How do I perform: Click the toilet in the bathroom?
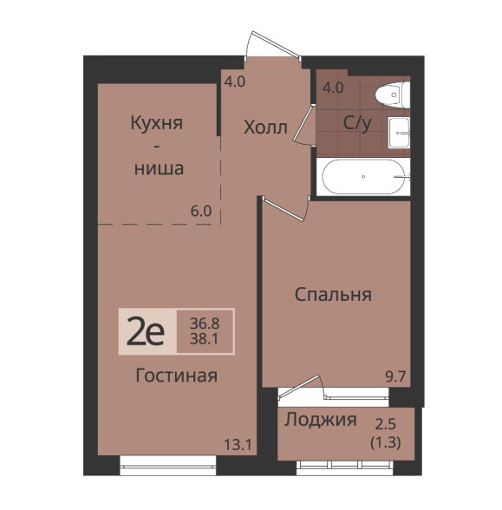pyautogui.click(x=393, y=95)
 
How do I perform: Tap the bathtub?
pyautogui.click(x=363, y=177)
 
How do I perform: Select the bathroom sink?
pyautogui.click(x=399, y=133)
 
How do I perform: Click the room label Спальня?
pyautogui.click(x=333, y=295)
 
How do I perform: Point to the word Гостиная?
pyautogui.click(x=176, y=376)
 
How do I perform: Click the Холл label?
pyautogui.click(x=265, y=127)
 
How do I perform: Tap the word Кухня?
pyautogui.click(x=156, y=123)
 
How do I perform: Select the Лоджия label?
pyautogui.click(x=321, y=420)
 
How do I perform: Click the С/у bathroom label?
pyautogui.click(x=357, y=123)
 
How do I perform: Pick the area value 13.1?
pyautogui.click(x=238, y=445)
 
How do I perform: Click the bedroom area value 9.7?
pyautogui.click(x=395, y=376)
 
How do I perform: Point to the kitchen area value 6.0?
pyautogui.click(x=201, y=212)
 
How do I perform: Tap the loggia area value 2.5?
pyautogui.click(x=386, y=424)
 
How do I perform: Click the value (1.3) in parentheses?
pyautogui.click(x=386, y=442)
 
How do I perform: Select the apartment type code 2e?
pyautogui.click(x=146, y=331)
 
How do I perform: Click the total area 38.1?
pyautogui.click(x=205, y=339)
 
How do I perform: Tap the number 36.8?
pyautogui.click(x=205, y=324)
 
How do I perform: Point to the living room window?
pyautogui.click(x=168, y=466)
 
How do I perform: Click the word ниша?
pyautogui.click(x=159, y=169)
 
